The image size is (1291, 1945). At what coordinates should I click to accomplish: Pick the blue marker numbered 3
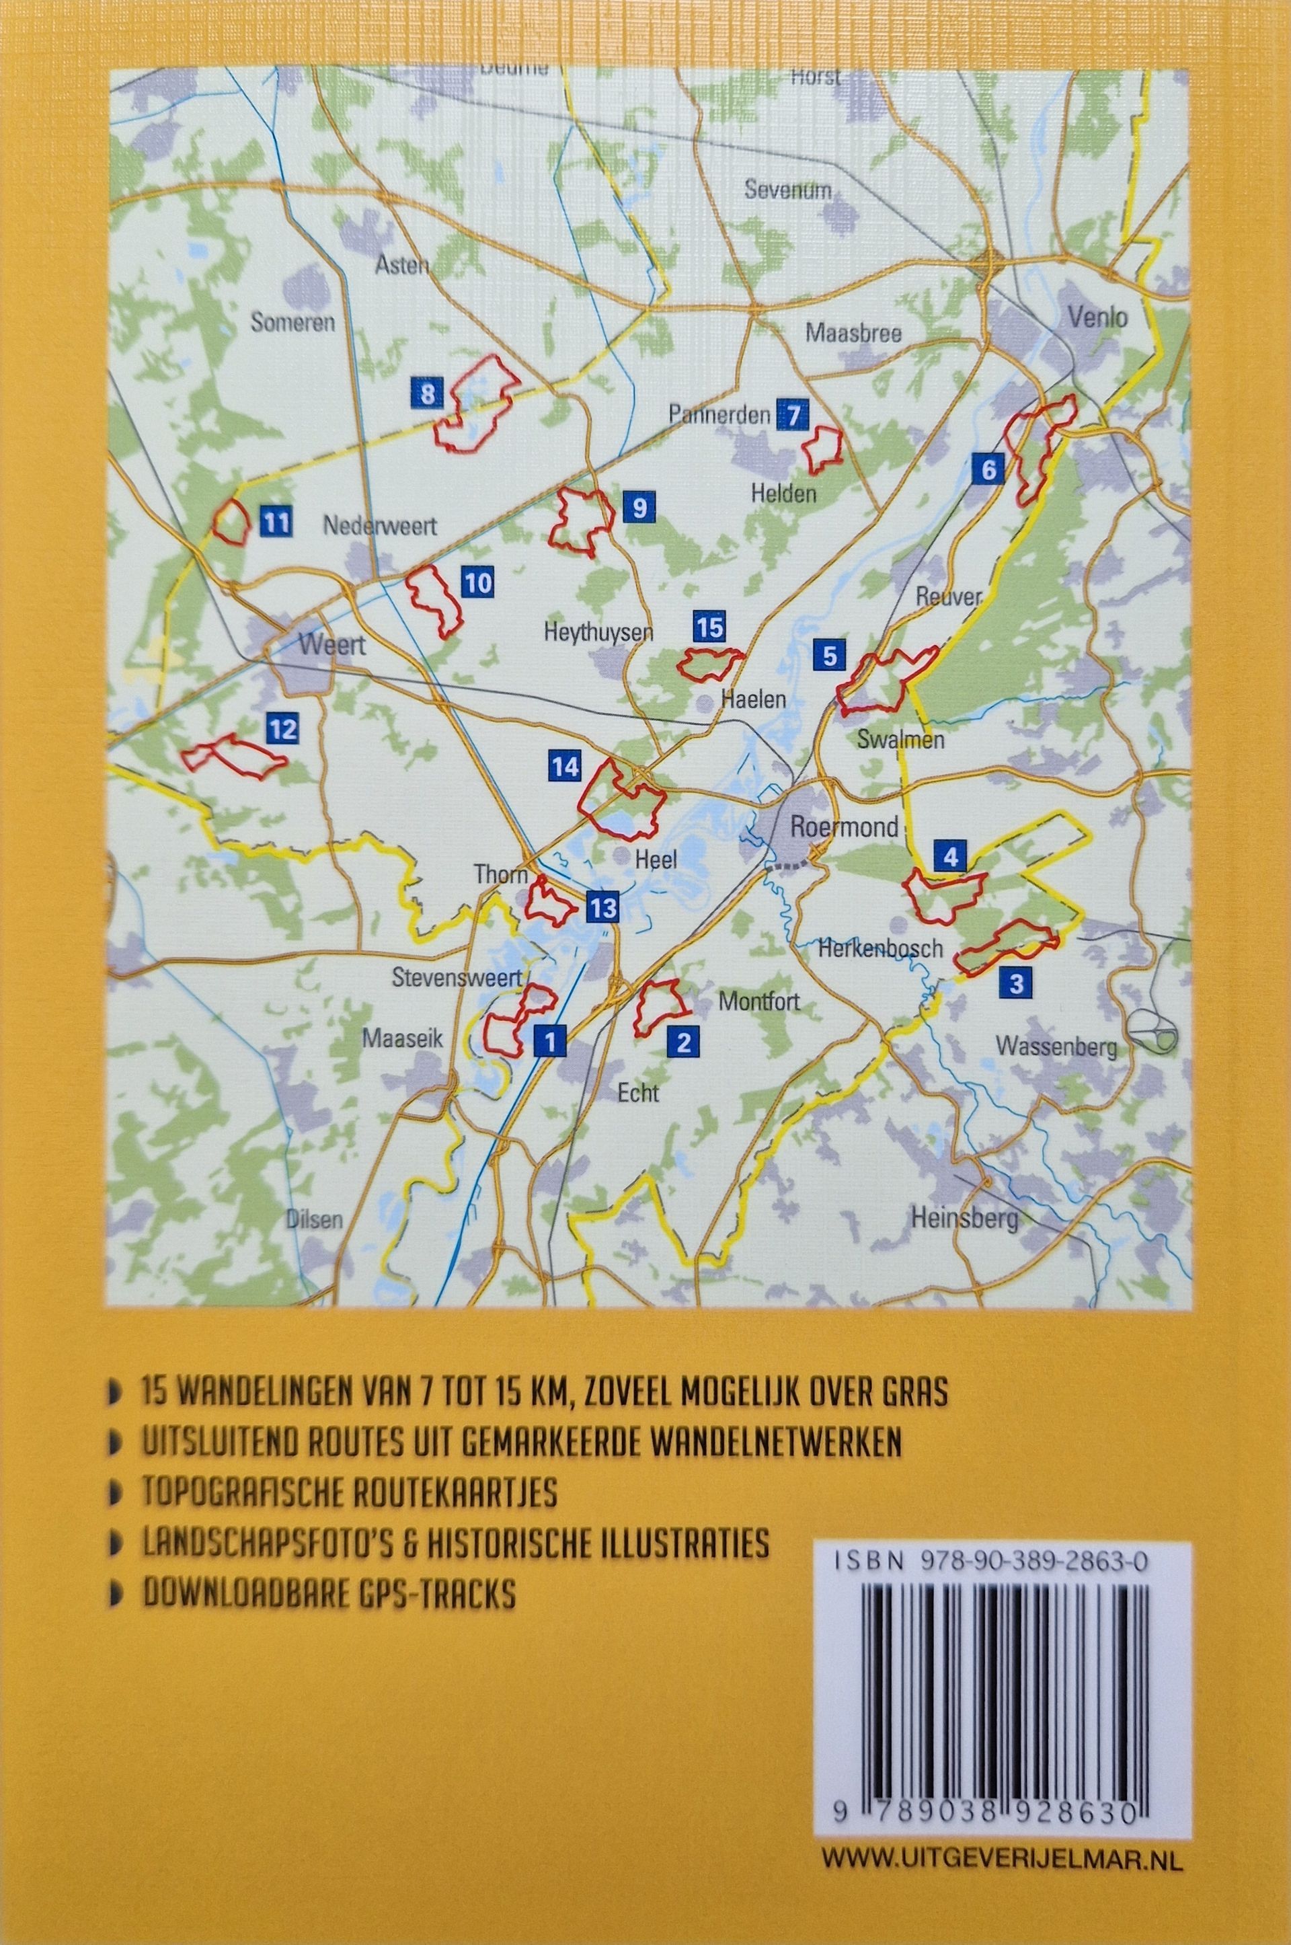coord(1015,983)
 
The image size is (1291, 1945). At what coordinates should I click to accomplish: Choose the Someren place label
coord(293,322)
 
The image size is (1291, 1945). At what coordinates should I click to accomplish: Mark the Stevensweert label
coord(457,979)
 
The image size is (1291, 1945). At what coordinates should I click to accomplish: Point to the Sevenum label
coord(787,190)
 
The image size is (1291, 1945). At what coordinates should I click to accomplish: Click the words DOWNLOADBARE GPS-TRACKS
coord(329,1596)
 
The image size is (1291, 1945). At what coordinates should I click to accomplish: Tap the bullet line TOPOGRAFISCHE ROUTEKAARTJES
coord(350,1493)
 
